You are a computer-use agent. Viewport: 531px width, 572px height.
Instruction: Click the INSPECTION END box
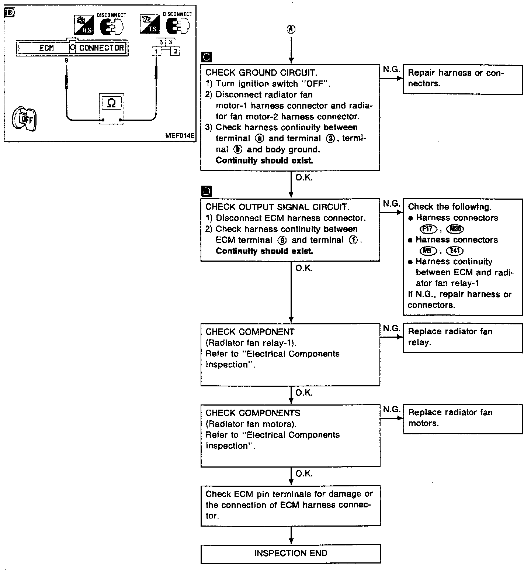click(x=291, y=553)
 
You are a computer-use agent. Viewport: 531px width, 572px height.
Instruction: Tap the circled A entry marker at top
click(x=291, y=30)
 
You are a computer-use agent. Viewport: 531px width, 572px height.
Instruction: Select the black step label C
click(x=207, y=57)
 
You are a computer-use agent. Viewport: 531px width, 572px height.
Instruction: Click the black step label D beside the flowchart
click(x=207, y=191)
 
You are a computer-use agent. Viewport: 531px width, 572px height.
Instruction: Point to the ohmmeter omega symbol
click(x=111, y=104)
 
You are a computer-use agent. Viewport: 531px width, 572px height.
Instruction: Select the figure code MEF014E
click(x=180, y=135)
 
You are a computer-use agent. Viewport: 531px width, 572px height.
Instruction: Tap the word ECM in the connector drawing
click(x=46, y=48)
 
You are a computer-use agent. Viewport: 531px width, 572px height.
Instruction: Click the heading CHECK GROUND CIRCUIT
click(x=261, y=73)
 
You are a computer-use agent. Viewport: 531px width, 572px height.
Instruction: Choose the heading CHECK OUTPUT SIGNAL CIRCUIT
click(x=277, y=207)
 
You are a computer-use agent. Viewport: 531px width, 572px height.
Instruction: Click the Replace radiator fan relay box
click(x=463, y=337)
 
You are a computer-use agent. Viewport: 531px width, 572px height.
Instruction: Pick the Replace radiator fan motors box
click(x=463, y=418)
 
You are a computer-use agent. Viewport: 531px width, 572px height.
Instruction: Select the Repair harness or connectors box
click(x=462, y=79)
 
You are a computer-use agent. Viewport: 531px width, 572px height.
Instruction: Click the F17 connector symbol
click(x=428, y=229)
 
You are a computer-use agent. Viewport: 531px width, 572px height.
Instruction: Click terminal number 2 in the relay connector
click(x=175, y=51)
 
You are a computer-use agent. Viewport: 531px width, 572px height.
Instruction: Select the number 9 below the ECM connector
click(x=66, y=60)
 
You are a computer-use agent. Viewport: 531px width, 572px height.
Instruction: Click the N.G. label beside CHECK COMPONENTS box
click(x=391, y=409)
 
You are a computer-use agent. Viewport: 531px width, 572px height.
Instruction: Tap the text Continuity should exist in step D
click(x=264, y=251)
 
